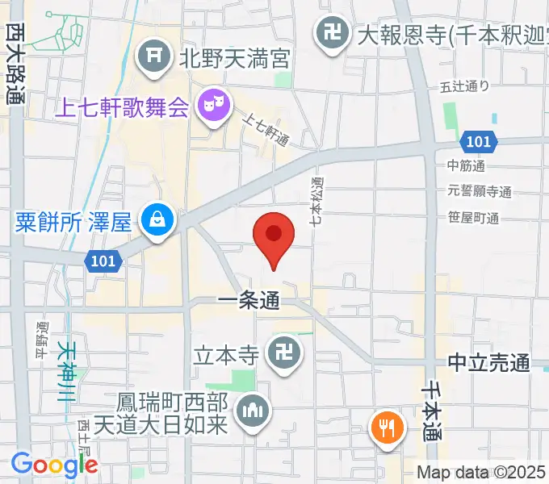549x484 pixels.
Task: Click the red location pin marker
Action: coord(273,236)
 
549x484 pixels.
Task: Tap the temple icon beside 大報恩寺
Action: coord(329,33)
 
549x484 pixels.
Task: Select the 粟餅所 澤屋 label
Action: coord(73,220)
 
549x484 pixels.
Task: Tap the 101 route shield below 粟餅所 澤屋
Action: coord(103,260)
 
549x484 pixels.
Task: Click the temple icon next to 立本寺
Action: coord(283,354)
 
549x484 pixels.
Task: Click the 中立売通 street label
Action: coord(489,363)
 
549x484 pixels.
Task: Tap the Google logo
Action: coord(54,465)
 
